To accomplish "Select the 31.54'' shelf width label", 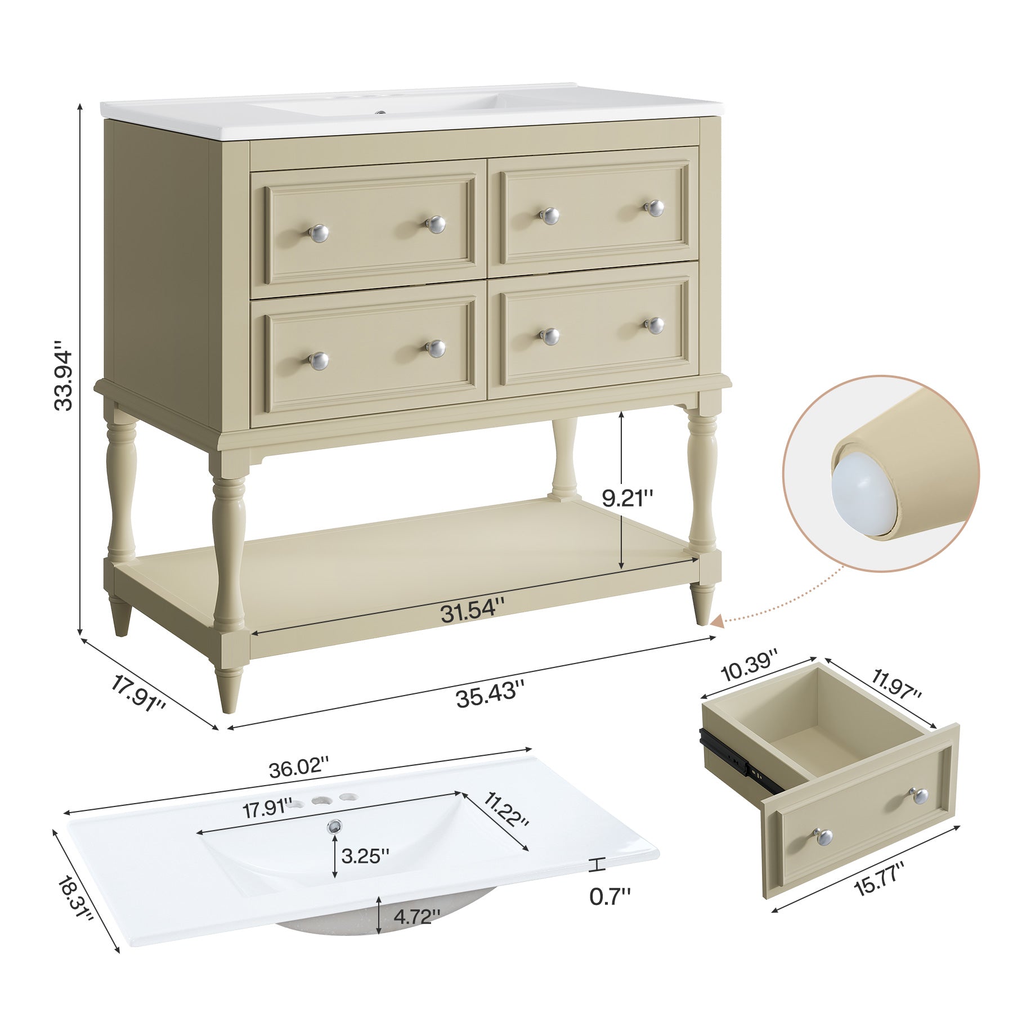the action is click(x=472, y=609).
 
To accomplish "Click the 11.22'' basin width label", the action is click(x=506, y=809).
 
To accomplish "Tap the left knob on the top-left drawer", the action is click(x=319, y=232).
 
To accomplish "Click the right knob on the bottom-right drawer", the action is click(x=655, y=325).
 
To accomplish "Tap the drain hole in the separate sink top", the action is click(x=335, y=827).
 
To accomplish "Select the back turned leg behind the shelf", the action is click(x=564, y=459).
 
